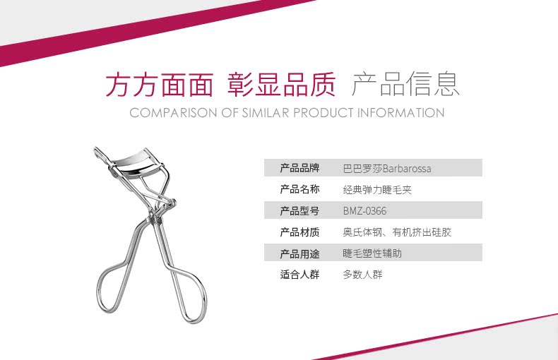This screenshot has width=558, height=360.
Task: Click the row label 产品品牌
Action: pos(299,168)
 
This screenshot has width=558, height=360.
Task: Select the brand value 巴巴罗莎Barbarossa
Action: pos(387,168)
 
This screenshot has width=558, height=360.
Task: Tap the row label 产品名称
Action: pos(299,189)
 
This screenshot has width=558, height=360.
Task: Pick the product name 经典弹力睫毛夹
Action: pos(377,190)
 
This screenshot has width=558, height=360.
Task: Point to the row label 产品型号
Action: pos(299,210)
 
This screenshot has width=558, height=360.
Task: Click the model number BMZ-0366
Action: pos(364,211)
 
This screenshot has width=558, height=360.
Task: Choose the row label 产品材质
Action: pos(299,232)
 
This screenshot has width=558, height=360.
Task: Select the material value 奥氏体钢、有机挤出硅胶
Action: pos(397,232)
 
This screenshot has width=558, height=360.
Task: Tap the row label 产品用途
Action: pos(299,253)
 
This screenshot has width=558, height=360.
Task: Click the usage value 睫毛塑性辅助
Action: pos(372,253)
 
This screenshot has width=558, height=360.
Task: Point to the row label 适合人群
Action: pos(299,275)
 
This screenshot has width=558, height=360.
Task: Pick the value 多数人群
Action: pos(362,275)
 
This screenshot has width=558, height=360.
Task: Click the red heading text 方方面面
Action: pos(160,85)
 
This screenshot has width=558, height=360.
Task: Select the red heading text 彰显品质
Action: pos(282,85)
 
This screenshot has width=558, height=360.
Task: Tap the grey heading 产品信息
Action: pos(405,84)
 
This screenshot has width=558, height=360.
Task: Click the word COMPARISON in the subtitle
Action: pos(173,113)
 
